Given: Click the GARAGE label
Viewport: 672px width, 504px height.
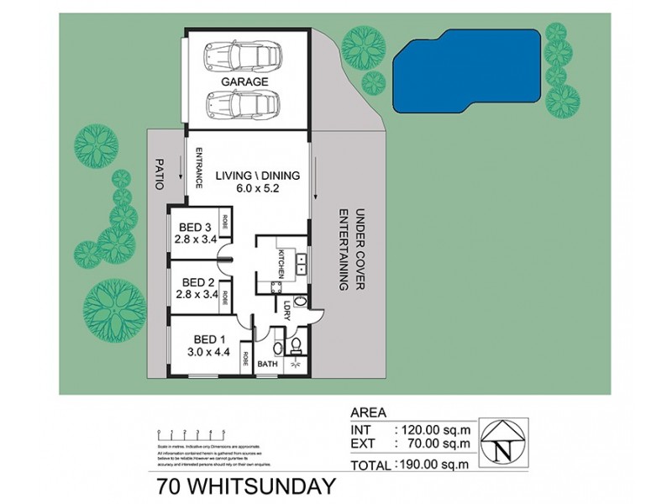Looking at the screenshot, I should pyautogui.click(x=245, y=82).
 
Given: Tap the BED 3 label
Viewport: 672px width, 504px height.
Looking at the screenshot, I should pyautogui.click(x=194, y=226).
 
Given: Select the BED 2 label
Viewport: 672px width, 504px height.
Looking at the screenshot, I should pyautogui.click(x=194, y=282).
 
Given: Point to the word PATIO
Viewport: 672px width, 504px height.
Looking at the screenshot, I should pyautogui.click(x=157, y=172).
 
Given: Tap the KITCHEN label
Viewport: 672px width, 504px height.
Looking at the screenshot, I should pyautogui.click(x=282, y=263).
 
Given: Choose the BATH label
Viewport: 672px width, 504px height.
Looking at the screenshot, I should pyautogui.click(x=267, y=365).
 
